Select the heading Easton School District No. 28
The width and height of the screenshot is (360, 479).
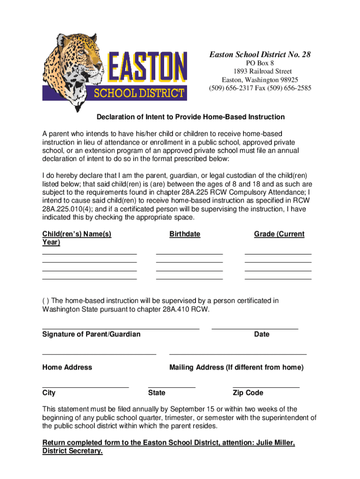[x=259, y=55]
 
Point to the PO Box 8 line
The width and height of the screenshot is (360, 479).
[x=259, y=63]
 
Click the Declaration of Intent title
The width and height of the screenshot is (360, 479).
[x=190, y=116]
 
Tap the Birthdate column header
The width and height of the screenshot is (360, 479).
[x=185, y=234]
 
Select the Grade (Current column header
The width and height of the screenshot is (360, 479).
[x=279, y=234]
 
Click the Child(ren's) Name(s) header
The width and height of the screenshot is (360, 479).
[x=77, y=234]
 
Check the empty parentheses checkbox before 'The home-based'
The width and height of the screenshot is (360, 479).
[x=44, y=301]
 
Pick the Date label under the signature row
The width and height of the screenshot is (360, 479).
[x=262, y=334]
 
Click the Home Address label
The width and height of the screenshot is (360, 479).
[x=67, y=368]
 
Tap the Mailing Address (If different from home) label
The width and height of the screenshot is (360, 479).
[x=236, y=368]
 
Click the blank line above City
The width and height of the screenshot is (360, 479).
[x=85, y=387]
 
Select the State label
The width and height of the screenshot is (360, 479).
[x=156, y=393]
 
